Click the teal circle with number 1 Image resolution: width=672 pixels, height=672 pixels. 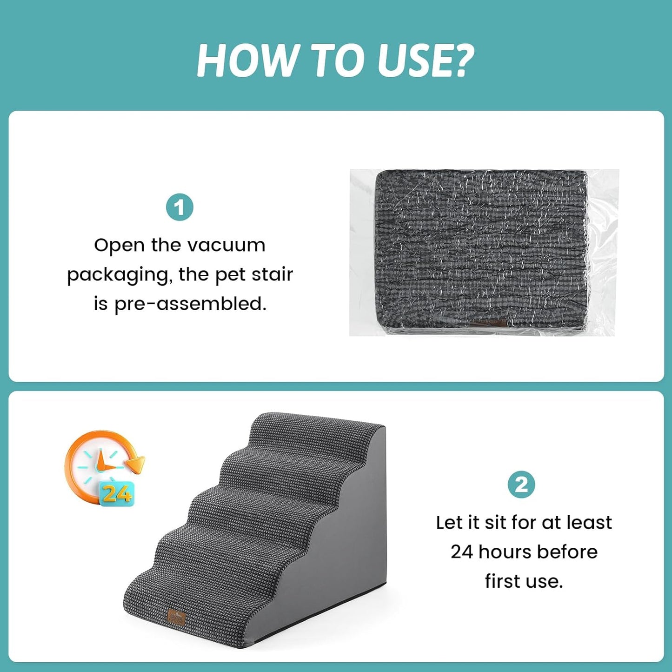[180, 207]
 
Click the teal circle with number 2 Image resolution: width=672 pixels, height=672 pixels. [521, 485]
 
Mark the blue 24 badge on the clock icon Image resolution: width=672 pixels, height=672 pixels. [116, 493]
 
